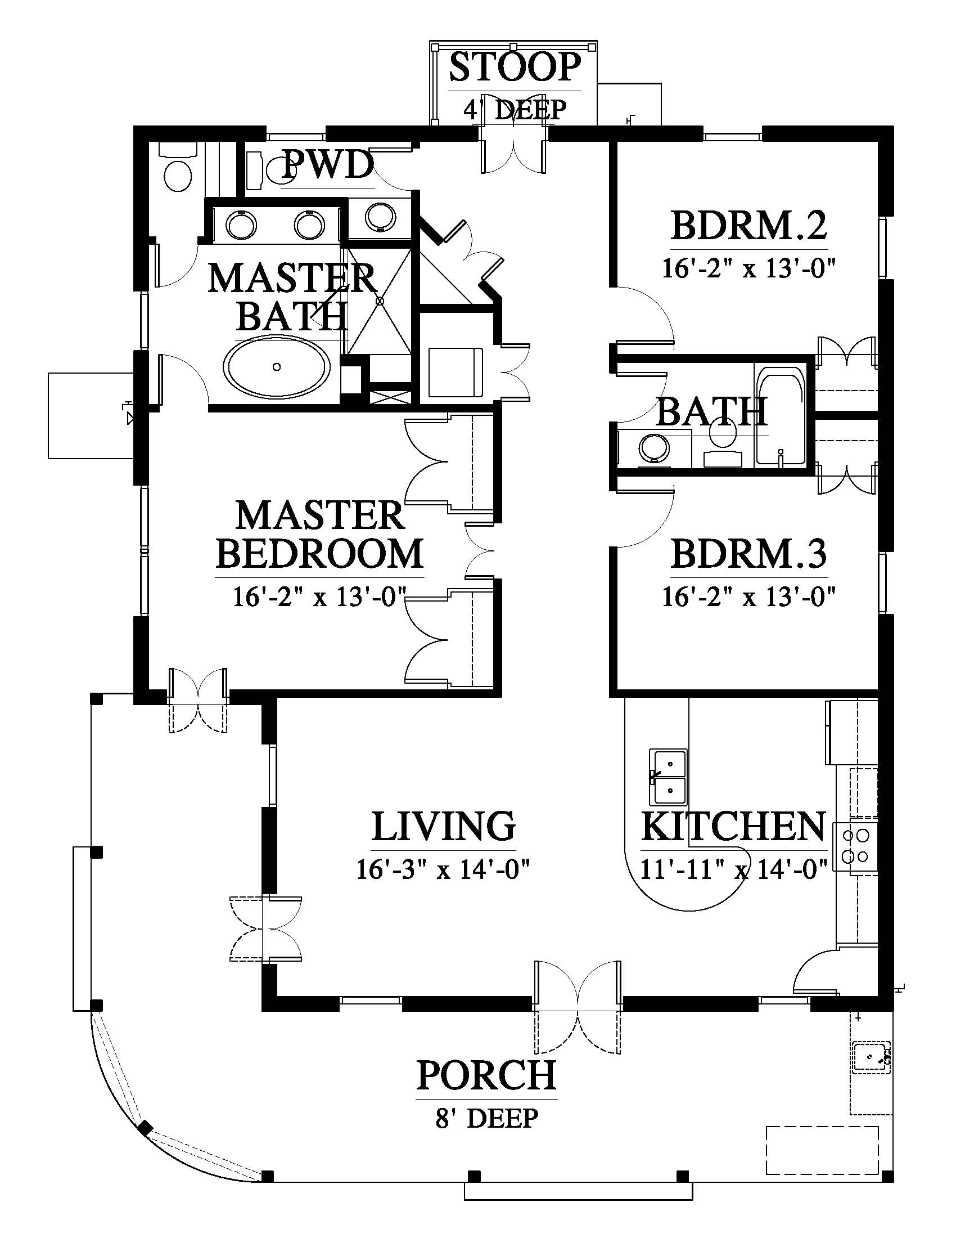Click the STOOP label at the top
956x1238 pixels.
tap(515, 67)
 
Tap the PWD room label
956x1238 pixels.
tap(328, 165)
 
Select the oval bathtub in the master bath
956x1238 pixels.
tap(277, 367)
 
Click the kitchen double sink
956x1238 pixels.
tap(668, 777)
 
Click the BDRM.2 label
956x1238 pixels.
tap(748, 226)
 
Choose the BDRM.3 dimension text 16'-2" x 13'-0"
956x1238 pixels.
tap(748, 596)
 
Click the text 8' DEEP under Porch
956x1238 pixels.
tap(486, 1118)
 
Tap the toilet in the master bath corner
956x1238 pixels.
tap(177, 167)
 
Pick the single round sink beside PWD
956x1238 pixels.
tap(378, 218)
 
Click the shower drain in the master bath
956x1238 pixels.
tap(381, 301)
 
